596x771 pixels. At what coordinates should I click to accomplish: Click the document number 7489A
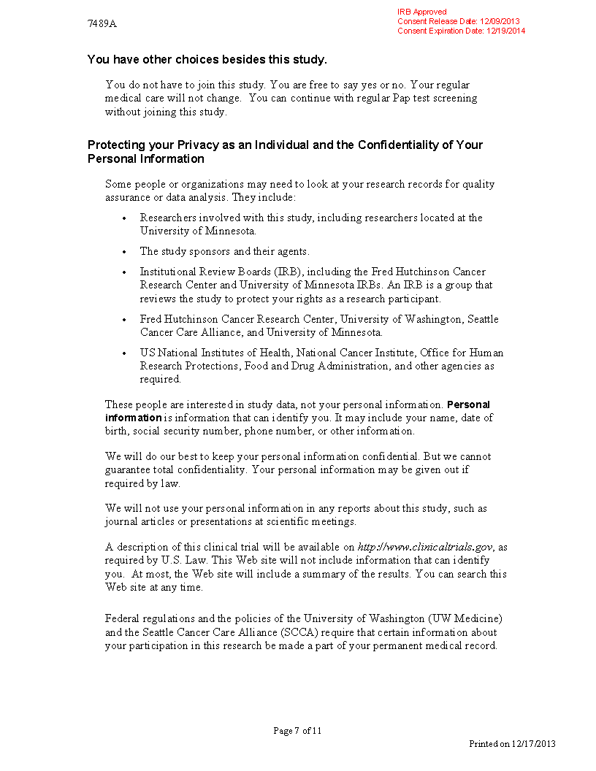tap(102, 23)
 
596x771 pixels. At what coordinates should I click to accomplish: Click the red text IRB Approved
tap(421, 12)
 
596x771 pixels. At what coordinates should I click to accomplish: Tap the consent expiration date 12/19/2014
tap(505, 31)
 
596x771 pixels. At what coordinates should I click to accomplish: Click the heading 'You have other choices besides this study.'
tap(207, 59)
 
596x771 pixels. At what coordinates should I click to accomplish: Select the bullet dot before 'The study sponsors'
tap(124, 252)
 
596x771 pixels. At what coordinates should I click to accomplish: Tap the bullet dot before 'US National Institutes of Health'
tap(124, 353)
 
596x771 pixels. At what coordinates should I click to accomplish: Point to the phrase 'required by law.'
tap(142, 483)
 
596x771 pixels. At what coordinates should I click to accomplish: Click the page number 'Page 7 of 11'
tap(297, 731)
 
